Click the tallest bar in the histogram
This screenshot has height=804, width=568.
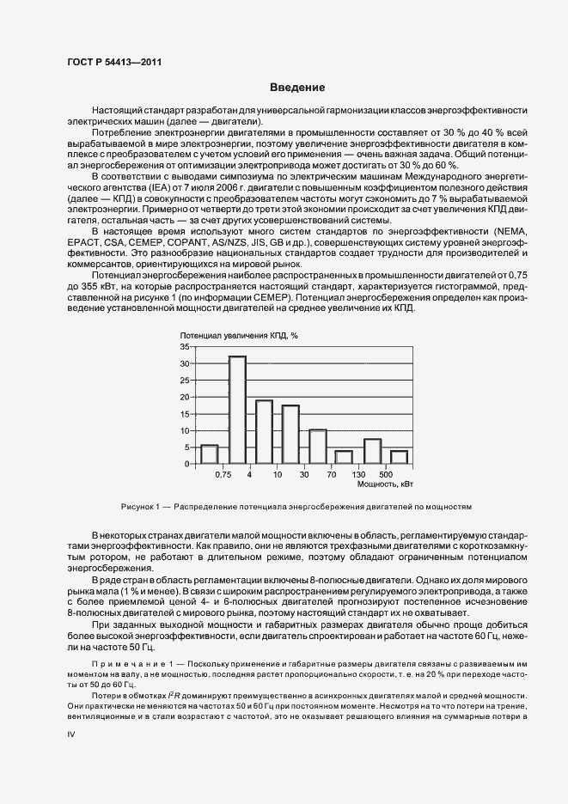(237, 410)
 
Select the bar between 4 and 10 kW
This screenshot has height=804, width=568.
(264, 432)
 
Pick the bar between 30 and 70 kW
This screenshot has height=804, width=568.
(318, 446)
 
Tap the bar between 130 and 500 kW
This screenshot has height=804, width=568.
(372, 451)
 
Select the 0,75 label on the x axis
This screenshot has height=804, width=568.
(223, 474)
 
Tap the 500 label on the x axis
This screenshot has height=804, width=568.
(385, 474)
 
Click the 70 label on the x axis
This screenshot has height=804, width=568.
(331, 474)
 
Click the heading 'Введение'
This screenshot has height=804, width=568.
(297, 88)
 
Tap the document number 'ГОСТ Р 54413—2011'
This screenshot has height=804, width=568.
(113, 61)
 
